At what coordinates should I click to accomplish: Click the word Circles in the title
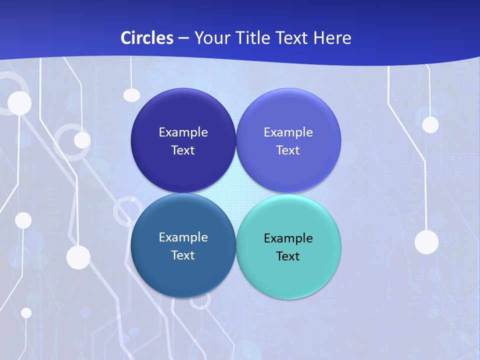pyautogui.click(x=147, y=37)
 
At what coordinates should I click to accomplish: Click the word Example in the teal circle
pyautogui.click(x=288, y=238)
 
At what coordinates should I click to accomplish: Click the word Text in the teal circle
pyautogui.click(x=288, y=256)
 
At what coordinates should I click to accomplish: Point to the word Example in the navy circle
pyautogui.click(x=183, y=132)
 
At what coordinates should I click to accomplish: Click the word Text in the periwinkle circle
pyautogui.click(x=288, y=150)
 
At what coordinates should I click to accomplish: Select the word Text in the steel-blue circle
pyautogui.click(x=183, y=255)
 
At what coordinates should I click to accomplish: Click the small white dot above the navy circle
pyautogui.click(x=131, y=94)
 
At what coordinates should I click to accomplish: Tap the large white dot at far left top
pyautogui.click(x=19, y=103)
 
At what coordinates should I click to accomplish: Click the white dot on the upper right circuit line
pyautogui.click(x=430, y=124)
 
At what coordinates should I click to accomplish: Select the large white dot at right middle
pyautogui.click(x=426, y=242)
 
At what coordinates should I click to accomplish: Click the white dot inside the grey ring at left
pyautogui.click(x=82, y=140)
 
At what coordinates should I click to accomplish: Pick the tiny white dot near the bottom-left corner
pyautogui.click(x=26, y=312)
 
